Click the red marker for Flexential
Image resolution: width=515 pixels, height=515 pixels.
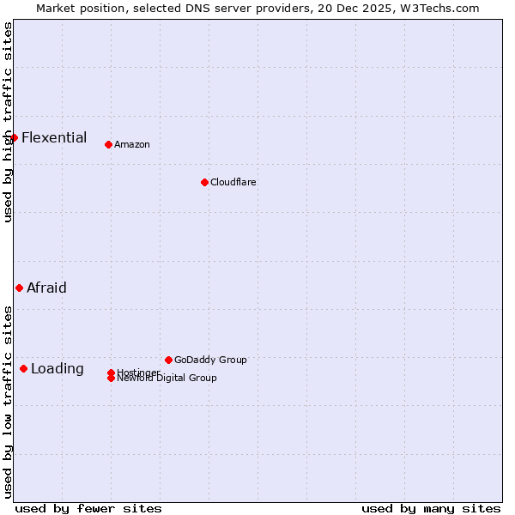click(x=14, y=137)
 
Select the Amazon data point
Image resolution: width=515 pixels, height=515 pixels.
click(x=108, y=144)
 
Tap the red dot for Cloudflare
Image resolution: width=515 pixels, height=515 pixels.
click(x=204, y=182)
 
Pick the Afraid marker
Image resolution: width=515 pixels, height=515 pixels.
click(x=19, y=288)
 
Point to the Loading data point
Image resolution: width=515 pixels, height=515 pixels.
click(x=23, y=368)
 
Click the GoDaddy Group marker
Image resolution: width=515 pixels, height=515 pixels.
click(x=168, y=360)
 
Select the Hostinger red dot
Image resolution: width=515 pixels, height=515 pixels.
click(x=112, y=373)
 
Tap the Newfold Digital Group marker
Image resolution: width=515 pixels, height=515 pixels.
click(x=112, y=379)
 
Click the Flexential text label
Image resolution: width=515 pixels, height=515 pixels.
click(x=54, y=137)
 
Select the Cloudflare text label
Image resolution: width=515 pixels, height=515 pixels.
click(x=233, y=182)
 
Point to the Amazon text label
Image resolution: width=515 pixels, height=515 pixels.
click(x=132, y=144)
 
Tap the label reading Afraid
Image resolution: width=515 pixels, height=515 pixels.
click(x=46, y=288)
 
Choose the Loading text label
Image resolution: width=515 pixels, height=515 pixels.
click(x=58, y=368)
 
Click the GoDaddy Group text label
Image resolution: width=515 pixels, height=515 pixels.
click(x=210, y=360)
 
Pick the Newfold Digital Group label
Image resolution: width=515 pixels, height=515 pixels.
click(x=167, y=379)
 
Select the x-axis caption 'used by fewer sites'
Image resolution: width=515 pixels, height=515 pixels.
click(x=88, y=508)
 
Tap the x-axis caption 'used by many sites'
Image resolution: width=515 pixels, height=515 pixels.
click(x=431, y=508)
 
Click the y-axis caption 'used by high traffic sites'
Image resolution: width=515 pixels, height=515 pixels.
click(x=8, y=122)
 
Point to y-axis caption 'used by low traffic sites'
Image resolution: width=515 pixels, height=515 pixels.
click(x=8, y=402)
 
